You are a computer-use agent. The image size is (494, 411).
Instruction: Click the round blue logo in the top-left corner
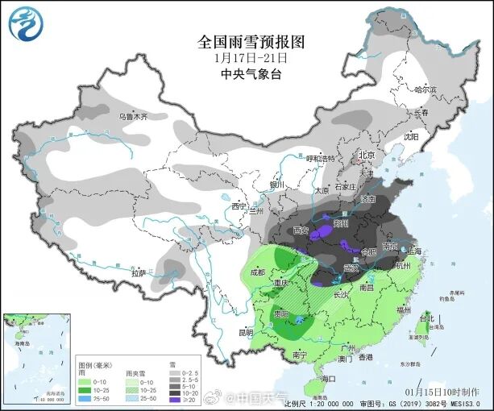pos(24,23)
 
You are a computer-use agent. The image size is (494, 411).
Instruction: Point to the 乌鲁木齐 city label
pos(134,117)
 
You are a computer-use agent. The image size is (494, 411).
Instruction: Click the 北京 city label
pos(367,155)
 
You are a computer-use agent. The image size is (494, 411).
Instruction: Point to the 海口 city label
pos(327,378)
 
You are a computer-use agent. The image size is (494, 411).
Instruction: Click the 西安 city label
pos(301,230)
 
